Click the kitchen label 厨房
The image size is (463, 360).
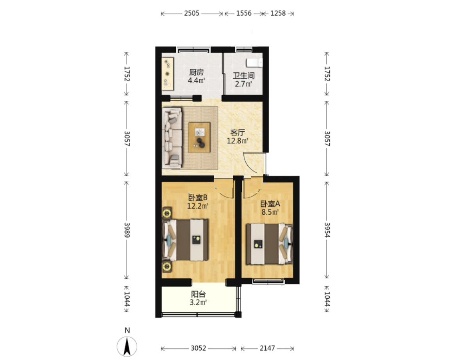click(x=197, y=72)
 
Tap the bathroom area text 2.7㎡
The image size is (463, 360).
click(x=243, y=84)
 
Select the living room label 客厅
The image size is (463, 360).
click(x=238, y=133)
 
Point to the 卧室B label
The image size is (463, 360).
click(x=198, y=197)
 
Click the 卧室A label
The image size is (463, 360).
click(x=270, y=204)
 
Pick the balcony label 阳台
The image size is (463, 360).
click(x=198, y=294)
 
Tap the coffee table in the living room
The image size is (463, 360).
click(x=199, y=137)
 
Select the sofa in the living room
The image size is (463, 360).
click(x=172, y=138)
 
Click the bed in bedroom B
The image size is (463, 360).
click(x=186, y=240)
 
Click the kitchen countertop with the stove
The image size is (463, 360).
click(x=168, y=73)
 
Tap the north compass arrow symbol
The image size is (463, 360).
click(x=127, y=346)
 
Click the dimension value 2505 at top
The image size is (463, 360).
click(x=191, y=13)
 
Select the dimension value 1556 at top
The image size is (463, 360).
click(x=243, y=13)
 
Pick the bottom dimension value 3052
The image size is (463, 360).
click(x=198, y=349)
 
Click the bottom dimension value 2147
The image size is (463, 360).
click(x=267, y=349)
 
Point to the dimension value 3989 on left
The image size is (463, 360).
click(x=127, y=230)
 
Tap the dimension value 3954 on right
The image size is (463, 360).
click(x=327, y=230)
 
